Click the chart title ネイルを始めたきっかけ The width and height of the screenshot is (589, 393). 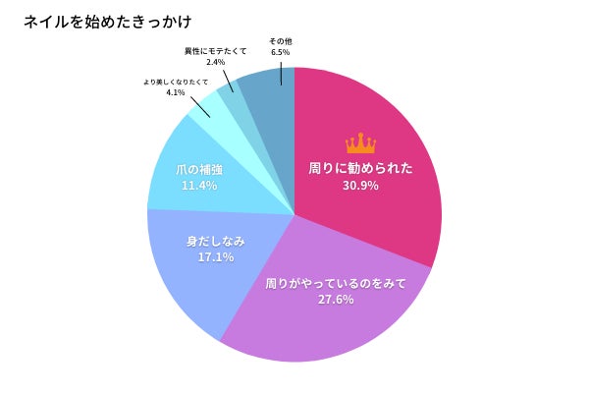pos(93,21)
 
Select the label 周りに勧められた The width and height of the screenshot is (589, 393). pos(360,168)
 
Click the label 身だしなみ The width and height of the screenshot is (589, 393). pos(215,241)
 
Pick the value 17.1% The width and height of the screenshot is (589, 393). pos(215,257)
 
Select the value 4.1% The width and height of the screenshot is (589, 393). pos(176,92)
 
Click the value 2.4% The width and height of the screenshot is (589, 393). pos(216,62)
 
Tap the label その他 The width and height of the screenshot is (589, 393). pos(280,41)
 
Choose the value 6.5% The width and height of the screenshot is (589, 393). pos(280,53)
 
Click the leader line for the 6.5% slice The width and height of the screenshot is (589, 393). pos(282,73)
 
